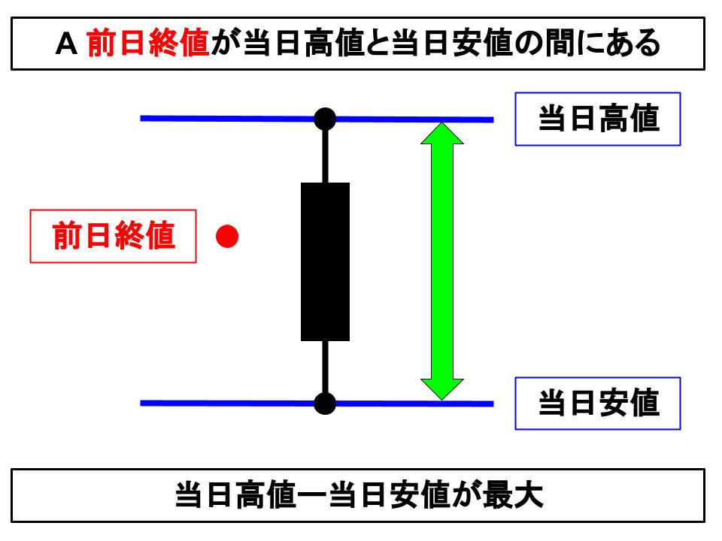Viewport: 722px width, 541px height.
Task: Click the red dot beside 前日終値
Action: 227,237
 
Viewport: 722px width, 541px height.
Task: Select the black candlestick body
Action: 325,261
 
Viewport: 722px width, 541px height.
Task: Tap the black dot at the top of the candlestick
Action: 325,119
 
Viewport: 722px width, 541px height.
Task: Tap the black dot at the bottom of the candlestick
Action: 325,403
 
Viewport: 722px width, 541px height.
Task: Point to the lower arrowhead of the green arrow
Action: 441,388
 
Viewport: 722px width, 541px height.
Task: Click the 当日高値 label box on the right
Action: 597,119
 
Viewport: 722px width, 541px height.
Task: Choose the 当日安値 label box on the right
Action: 597,403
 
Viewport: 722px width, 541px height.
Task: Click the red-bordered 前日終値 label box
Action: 113,237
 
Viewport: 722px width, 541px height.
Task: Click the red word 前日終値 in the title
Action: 147,44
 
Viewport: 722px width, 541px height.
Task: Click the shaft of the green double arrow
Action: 441,261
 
